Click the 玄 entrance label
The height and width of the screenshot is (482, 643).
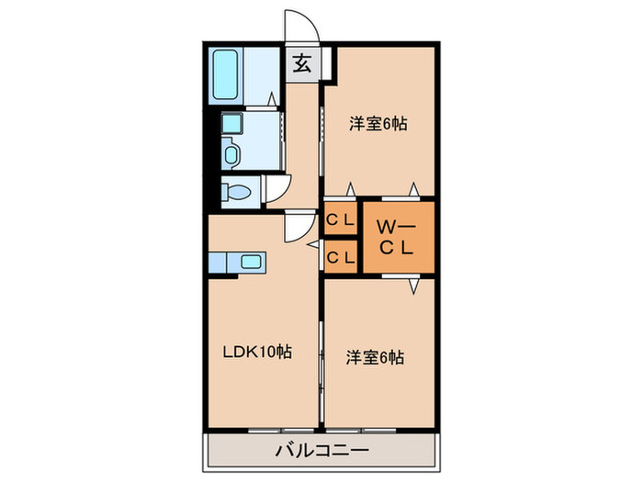pos(300,64)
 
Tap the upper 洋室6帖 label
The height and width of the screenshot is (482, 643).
pos(377,124)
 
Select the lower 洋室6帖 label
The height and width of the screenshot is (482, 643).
pos(375,357)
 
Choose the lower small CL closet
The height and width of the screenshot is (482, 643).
pos(341,257)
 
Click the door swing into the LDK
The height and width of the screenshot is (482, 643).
pos(297,226)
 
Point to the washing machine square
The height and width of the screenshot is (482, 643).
pos(230,123)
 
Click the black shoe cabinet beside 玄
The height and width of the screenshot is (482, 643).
pos(329,65)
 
